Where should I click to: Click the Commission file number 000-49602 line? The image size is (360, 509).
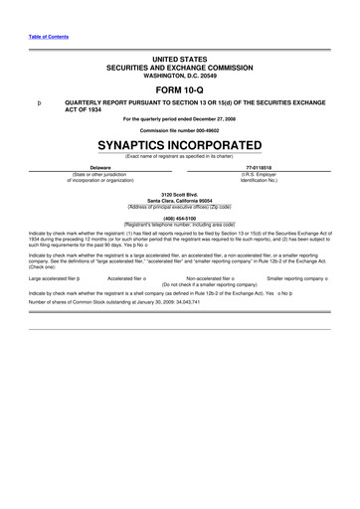pyautogui.click(x=180, y=130)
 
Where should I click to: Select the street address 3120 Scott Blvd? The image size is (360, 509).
pyautogui.click(x=180, y=194)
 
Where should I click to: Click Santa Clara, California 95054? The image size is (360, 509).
pyautogui.click(x=180, y=200)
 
